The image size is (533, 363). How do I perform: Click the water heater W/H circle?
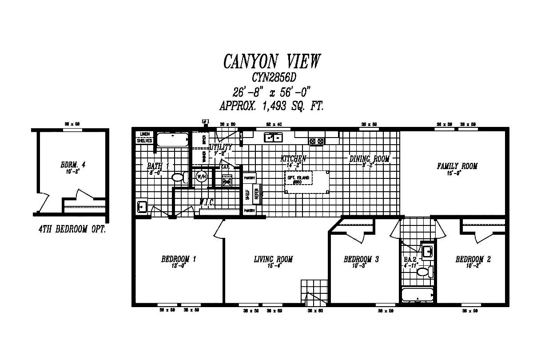click(x=201, y=177)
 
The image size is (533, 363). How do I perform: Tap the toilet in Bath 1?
click(x=179, y=178)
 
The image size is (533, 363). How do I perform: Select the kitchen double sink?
click(x=273, y=138)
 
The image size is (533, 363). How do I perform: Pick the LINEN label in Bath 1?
click(x=145, y=134)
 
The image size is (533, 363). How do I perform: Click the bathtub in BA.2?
click(x=417, y=295)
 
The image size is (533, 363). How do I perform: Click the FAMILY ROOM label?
click(x=457, y=166)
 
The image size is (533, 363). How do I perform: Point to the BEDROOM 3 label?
click(x=361, y=260)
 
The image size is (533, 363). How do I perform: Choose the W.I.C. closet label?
click(x=207, y=202)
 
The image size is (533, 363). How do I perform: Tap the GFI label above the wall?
click(x=205, y=121)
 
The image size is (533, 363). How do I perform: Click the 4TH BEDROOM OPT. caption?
click(x=72, y=230)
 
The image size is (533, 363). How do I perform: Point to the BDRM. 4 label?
click(x=73, y=165)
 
